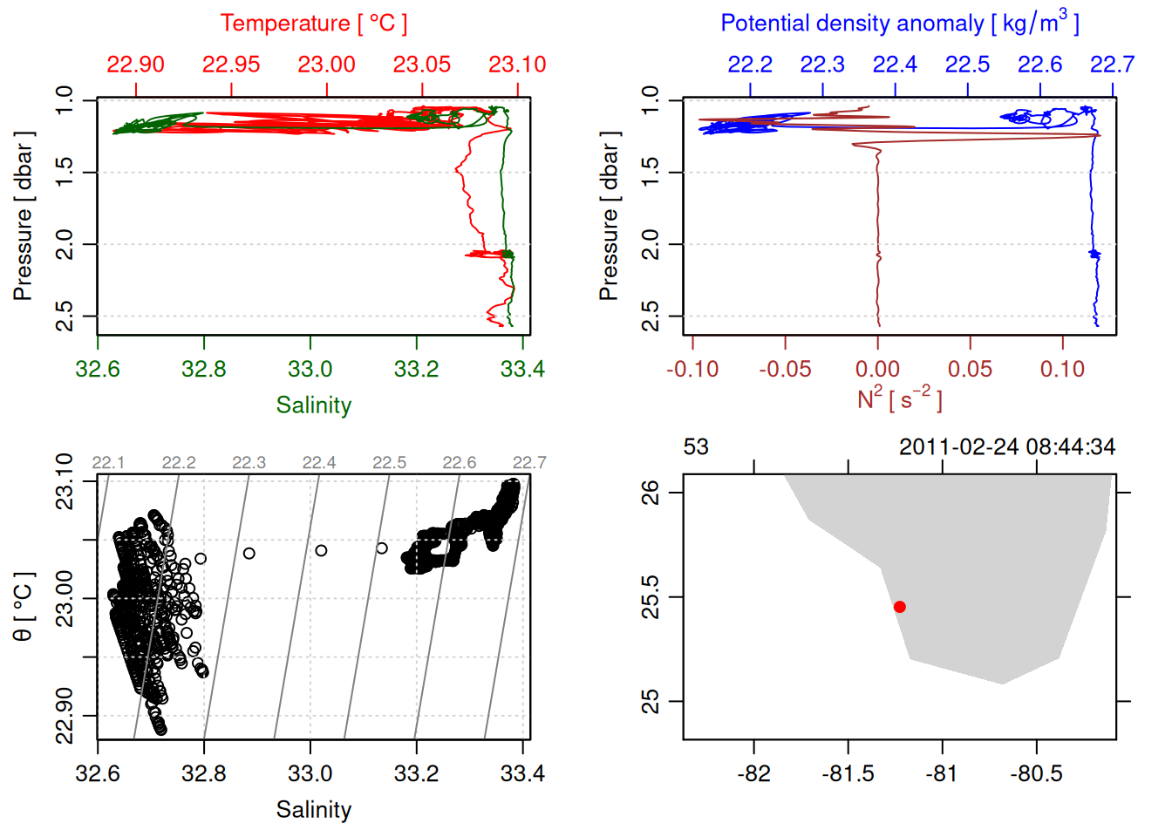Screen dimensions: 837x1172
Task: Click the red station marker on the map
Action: click(x=899, y=607)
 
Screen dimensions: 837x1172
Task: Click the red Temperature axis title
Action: click(x=313, y=24)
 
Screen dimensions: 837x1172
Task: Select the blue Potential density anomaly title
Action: click(x=899, y=24)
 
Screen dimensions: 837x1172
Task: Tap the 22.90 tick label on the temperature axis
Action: click(x=135, y=65)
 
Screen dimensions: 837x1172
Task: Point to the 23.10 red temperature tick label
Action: click(x=517, y=65)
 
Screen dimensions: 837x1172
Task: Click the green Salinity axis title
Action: click(x=313, y=405)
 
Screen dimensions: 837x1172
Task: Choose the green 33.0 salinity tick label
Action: click(x=310, y=369)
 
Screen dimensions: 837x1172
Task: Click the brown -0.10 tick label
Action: click(x=692, y=369)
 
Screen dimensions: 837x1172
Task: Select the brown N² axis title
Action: click(x=899, y=398)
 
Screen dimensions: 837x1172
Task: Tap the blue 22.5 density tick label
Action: click(x=967, y=65)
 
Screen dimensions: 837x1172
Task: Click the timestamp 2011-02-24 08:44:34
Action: click(x=1006, y=447)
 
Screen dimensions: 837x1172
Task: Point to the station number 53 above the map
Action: click(x=696, y=447)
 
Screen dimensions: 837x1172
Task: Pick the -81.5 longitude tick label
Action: click(x=848, y=773)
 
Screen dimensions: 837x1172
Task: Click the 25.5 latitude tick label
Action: click(x=651, y=597)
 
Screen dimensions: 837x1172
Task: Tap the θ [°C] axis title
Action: click(x=24, y=607)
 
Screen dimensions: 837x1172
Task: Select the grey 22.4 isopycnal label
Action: click(x=318, y=463)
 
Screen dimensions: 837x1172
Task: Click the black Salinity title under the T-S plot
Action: click(x=313, y=810)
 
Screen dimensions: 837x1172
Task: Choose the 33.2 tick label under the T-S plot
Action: click(x=416, y=773)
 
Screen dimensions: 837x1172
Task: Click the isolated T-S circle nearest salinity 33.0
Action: click(x=321, y=550)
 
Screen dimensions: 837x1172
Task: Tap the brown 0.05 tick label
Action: click(x=970, y=369)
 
